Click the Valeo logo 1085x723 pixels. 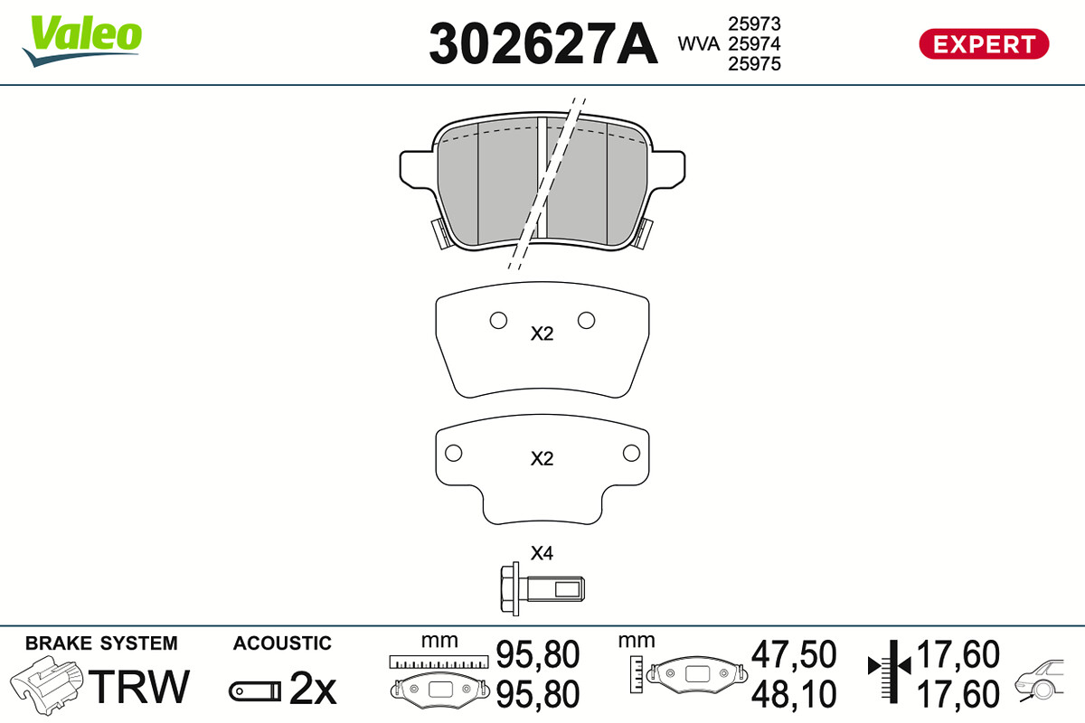(82, 41)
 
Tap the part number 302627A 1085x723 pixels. (543, 43)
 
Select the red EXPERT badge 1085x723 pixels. (984, 44)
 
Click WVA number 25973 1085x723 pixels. (754, 23)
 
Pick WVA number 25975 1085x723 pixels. (754, 64)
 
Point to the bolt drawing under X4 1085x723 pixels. (542, 589)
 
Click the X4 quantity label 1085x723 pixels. (542, 553)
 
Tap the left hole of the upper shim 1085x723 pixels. (498, 320)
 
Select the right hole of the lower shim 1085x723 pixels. (631, 454)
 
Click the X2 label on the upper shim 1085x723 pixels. (542, 333)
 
